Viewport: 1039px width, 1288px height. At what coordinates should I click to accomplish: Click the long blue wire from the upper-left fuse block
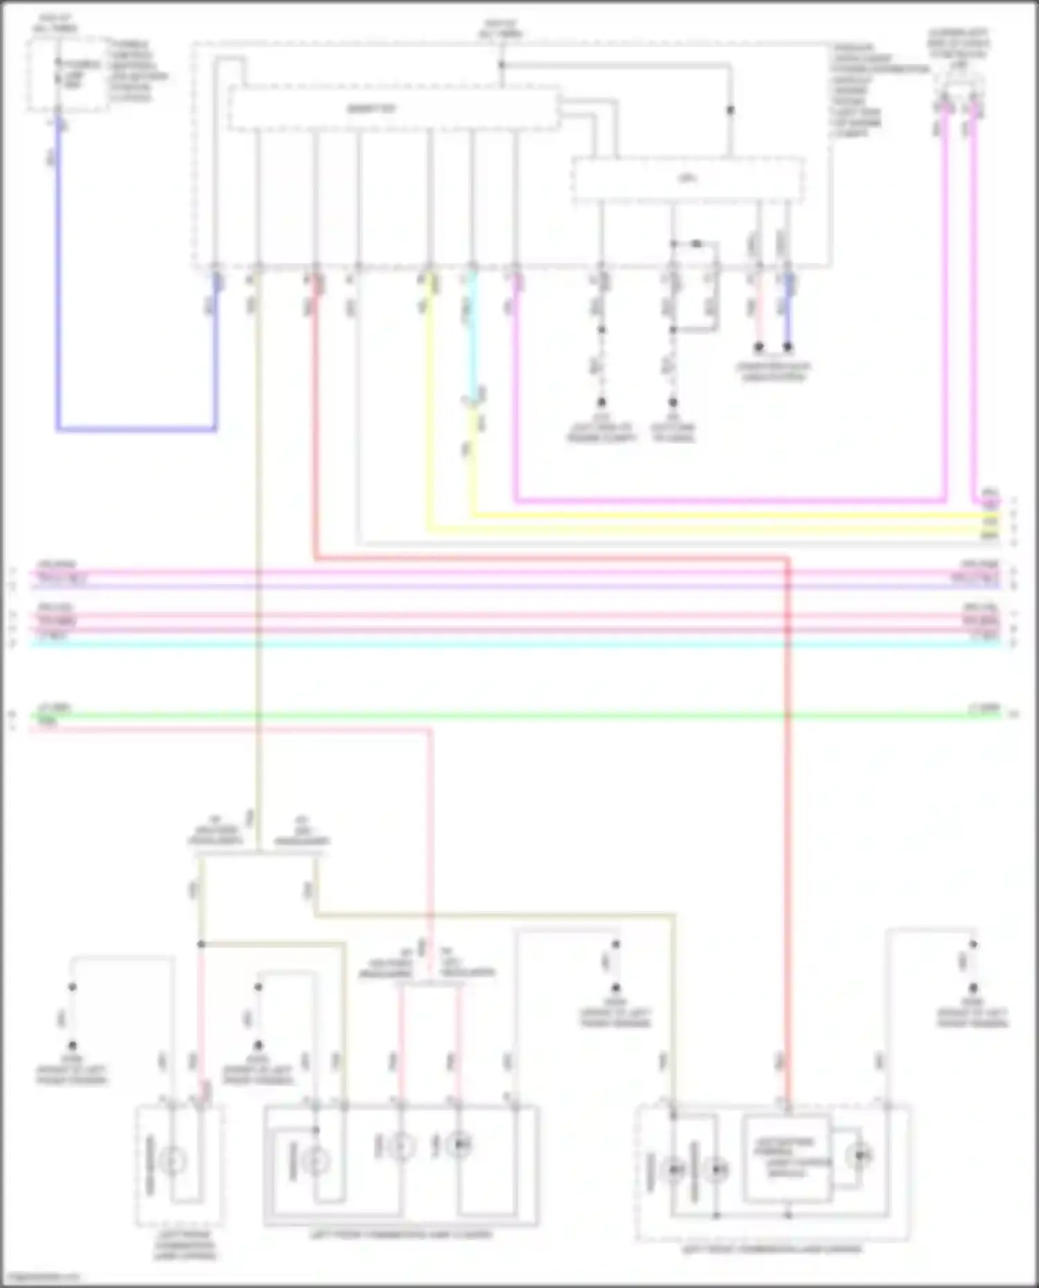[58, 277]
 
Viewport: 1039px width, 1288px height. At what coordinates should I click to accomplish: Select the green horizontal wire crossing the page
[519, 715]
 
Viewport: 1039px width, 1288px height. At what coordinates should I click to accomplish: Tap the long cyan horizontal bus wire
[519, 644]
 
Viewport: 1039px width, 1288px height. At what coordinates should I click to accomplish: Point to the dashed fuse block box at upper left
[68, 75]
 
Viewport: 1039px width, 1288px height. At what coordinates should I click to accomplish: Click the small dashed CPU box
[687, 180]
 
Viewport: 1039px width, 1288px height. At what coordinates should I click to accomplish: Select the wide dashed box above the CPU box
[393, 109]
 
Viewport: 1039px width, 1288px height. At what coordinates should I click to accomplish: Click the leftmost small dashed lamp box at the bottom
[179, 1165]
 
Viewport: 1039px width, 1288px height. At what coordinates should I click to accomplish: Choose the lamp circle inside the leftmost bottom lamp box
[172, 1160]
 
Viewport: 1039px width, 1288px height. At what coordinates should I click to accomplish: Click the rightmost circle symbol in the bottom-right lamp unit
[860, 1155]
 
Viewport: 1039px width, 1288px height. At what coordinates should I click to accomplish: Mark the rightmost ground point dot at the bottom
[973, 988]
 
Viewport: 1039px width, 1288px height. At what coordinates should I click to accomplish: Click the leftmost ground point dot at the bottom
[72, 1046]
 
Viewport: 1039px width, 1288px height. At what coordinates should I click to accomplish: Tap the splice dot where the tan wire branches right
[201, 944]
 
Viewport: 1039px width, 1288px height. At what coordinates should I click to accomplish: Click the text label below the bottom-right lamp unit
[772, 1250]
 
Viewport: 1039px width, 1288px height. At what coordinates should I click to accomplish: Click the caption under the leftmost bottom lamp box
[184, 1246]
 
